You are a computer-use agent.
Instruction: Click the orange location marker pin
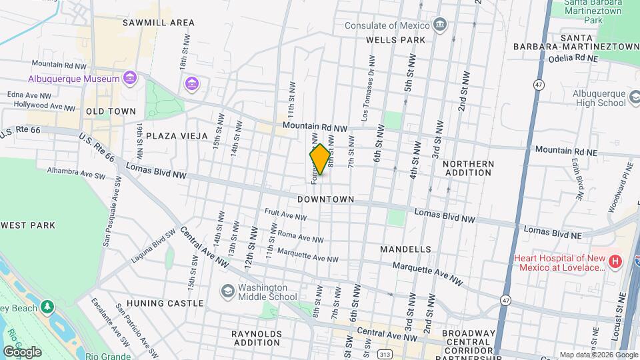tap(320, 159)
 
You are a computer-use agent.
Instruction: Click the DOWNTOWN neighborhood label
tap(325, 199)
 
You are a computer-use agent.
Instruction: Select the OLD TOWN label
tap(111, 111)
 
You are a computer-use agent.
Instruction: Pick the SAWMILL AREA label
tap(159, 23)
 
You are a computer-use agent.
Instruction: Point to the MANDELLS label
tap(405, 249)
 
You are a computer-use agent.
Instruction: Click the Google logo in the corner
tap(22, 351)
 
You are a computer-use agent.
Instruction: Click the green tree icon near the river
tap(47, 306)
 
